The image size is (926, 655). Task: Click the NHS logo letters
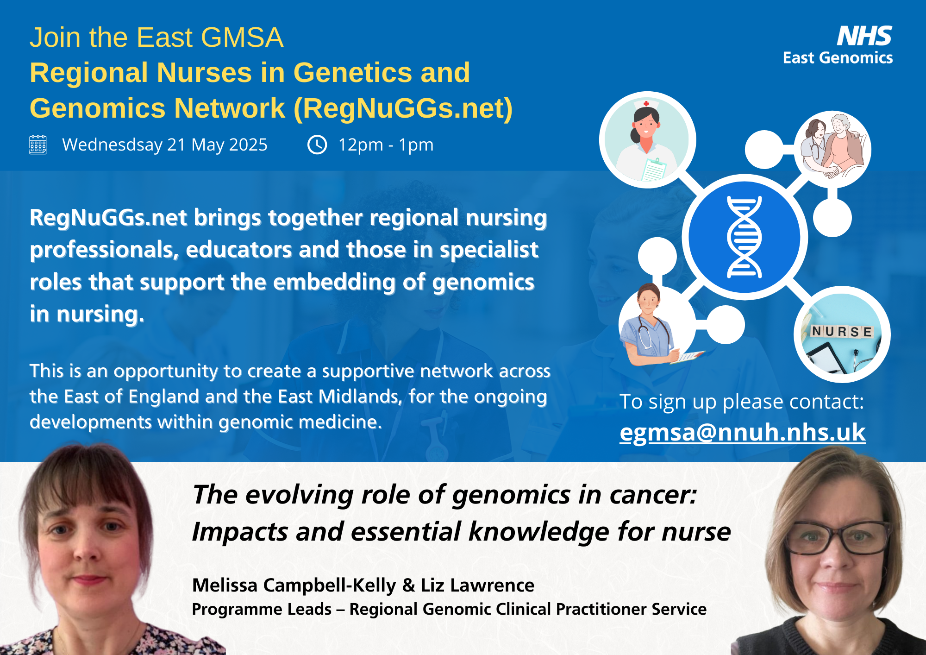point(864,36)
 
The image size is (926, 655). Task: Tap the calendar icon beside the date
point(38,145)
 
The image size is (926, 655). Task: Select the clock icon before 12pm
point(317,145)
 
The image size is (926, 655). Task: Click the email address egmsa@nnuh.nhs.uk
point(742,432)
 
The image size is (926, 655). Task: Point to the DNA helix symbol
point(745,237)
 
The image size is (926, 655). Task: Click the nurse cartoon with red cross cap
point(647,140)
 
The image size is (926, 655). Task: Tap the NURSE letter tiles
point(842,331)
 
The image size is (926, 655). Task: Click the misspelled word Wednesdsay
point(112,145)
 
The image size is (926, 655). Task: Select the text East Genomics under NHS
point(838,58)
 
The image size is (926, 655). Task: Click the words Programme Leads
point(262,609)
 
